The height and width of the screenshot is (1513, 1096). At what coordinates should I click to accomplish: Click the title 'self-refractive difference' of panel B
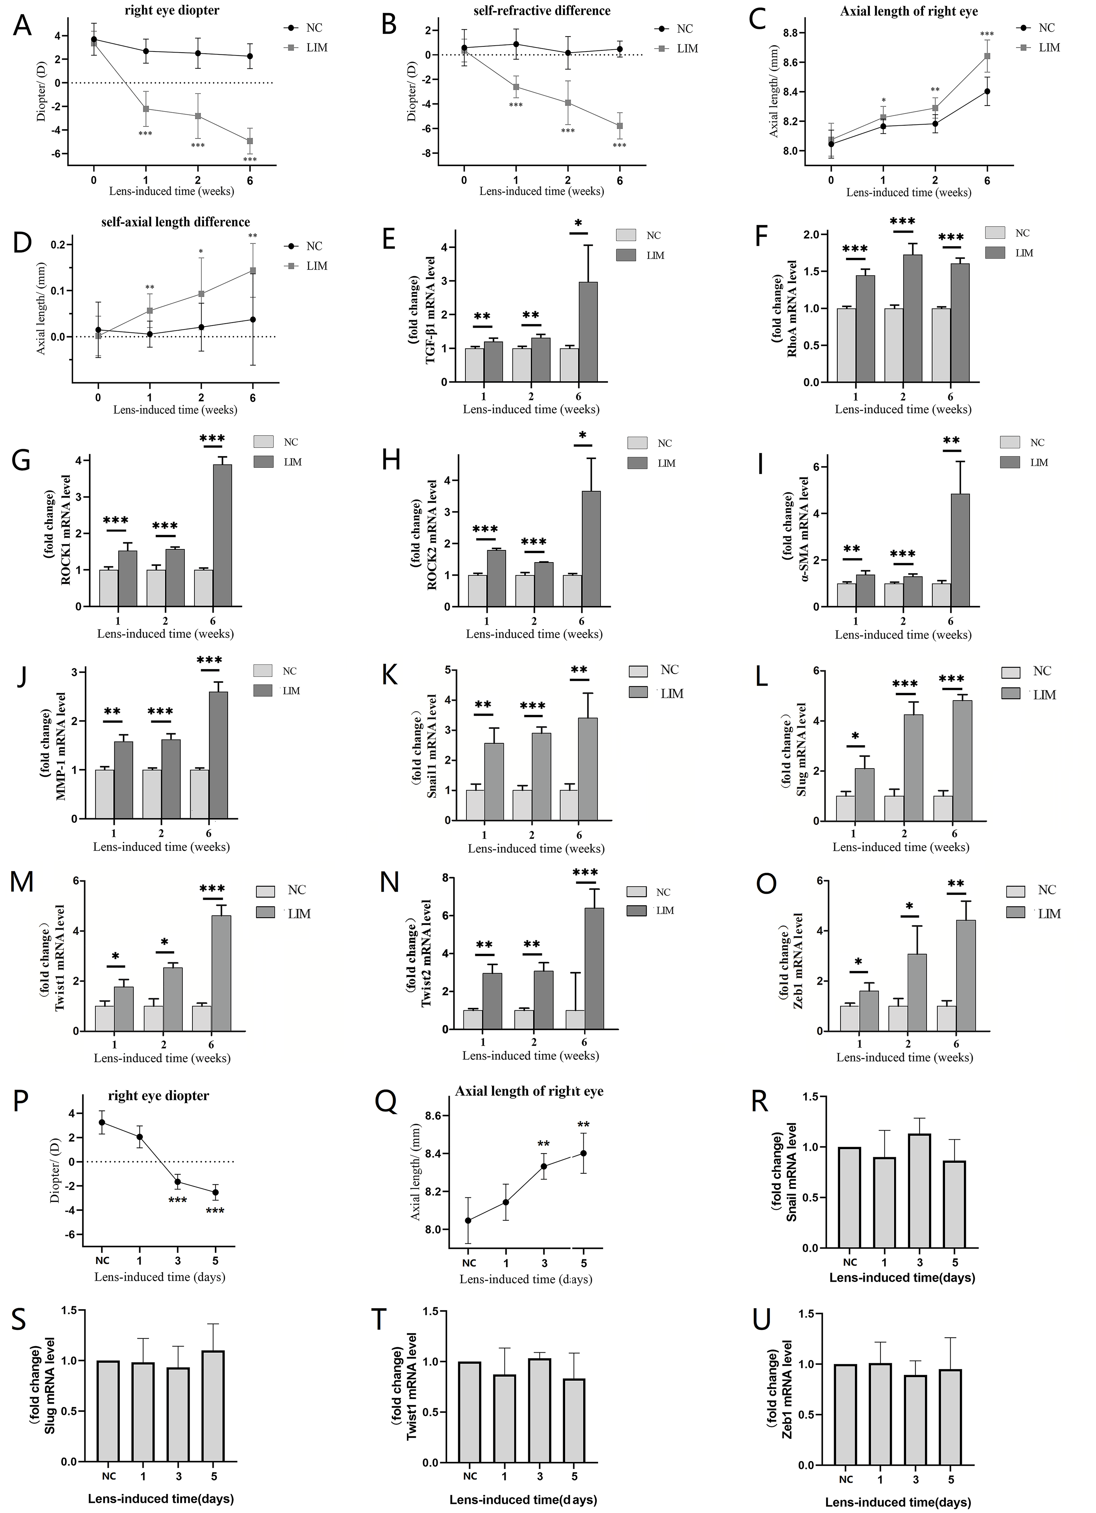pyautogui.click(x=542, y=11)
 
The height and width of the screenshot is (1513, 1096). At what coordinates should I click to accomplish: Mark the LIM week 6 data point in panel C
pyautogui.click(x=987, y=56)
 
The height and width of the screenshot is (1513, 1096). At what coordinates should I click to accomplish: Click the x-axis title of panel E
pyautogui.click(x=531, y=409)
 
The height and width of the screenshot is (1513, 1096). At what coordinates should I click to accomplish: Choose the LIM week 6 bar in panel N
pyautogui.click(x=594, y=968)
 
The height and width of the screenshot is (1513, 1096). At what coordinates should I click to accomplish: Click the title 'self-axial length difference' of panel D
pyautogui.click(x=175, y=222)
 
